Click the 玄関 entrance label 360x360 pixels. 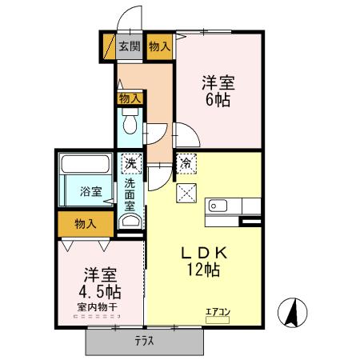(x=130, y=47)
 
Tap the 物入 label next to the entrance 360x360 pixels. (x=159, y=47)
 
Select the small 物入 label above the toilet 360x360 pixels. (x=130, y=98)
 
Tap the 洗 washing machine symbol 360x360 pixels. (x=130, y=164)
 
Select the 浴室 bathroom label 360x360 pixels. (x=90, y=192)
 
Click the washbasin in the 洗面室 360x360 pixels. (x=130, y=220)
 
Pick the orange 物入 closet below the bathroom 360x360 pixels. (x=86, y=223)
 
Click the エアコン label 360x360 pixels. (x=217, y=312)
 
